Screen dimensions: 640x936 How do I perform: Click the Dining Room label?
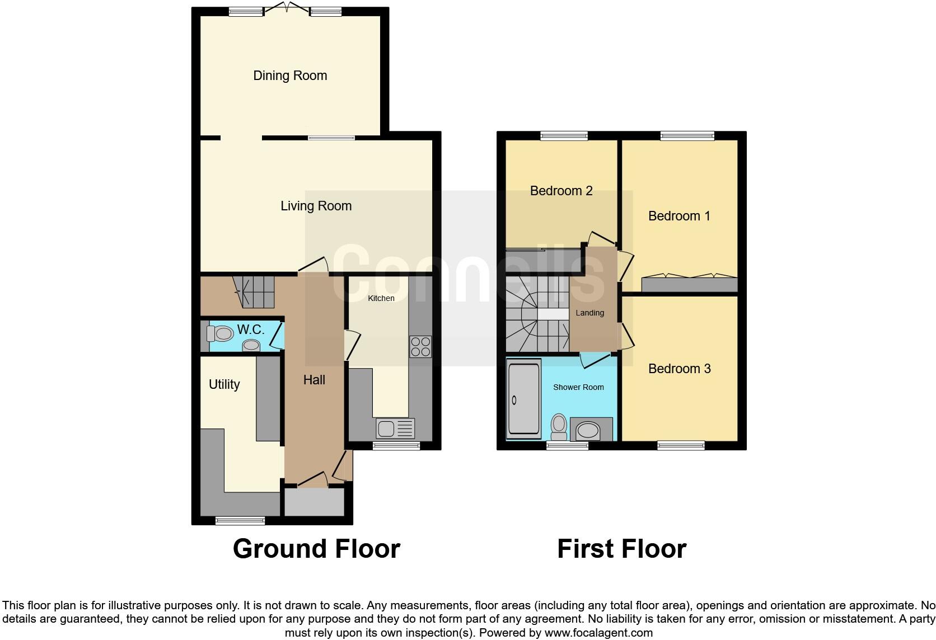290,76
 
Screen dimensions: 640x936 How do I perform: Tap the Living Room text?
316,206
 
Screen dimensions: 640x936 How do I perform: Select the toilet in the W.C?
220,334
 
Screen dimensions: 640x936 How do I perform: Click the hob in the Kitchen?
420,346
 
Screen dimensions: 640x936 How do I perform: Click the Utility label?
224,384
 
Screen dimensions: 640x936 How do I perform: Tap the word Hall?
314,380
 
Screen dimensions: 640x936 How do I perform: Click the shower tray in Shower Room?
524,399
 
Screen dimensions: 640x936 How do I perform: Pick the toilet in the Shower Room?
559,427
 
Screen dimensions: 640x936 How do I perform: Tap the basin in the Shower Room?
588,431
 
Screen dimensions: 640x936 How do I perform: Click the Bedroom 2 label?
561,191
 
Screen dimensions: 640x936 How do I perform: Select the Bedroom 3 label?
679,369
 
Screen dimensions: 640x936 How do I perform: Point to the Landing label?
589,313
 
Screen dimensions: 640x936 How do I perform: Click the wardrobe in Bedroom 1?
689,284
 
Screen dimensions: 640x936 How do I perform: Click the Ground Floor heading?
316,549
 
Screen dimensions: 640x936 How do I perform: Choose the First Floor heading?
621,549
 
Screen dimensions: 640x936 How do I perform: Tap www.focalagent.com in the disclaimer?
598,633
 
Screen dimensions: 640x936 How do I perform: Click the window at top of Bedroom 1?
687,135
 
